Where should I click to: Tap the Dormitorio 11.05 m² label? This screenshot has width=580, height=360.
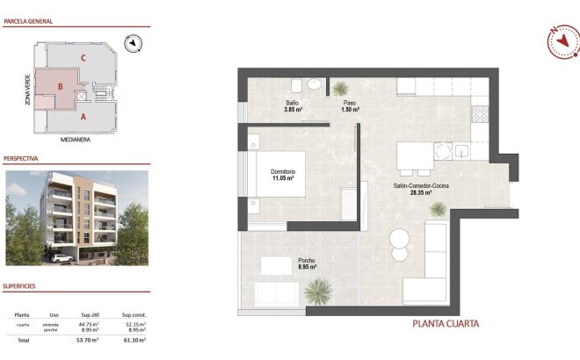click(x=282, y=174)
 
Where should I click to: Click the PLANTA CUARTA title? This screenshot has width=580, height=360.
click(x=446, y=324)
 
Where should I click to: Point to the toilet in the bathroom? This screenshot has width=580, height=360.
click(x=296, y=86)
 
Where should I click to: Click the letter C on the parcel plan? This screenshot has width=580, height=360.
click(x=83, y=58)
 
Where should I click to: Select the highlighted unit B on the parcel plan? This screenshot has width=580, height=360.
click(x=58, y=86)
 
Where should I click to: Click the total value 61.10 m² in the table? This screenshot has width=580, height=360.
click(x=134, y=339)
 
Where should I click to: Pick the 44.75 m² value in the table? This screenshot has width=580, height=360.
click(x=89, y=324)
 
